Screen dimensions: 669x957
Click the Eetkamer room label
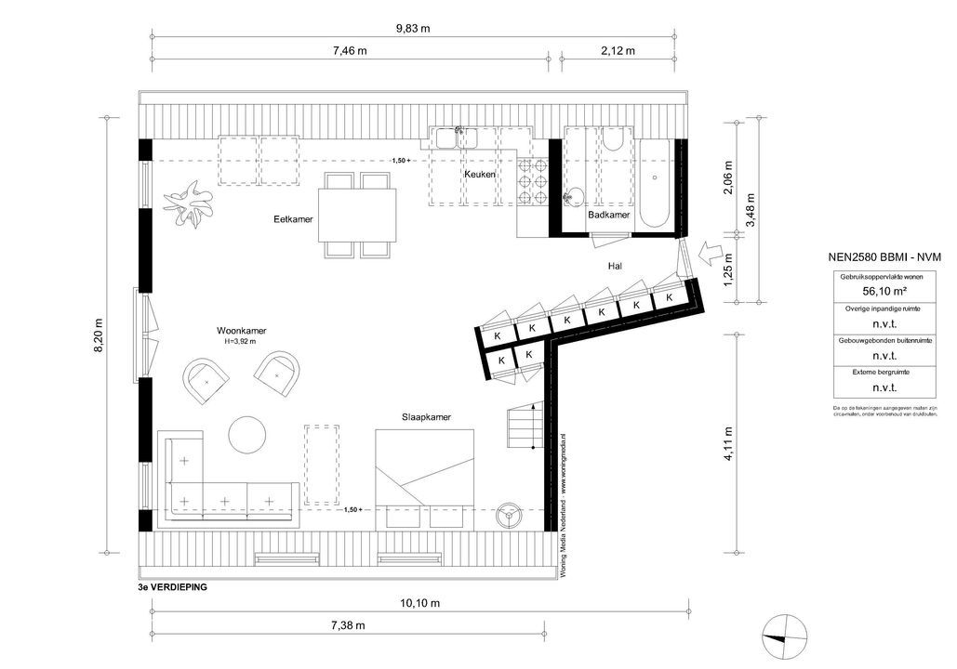pyautogui.click(x=293, y=219)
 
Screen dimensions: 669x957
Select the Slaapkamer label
pyautogui.click(x=426, y=418)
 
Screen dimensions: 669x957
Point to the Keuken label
pyautogui.click(x=479, y=175)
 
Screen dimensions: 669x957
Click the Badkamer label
pyautogui.click(x=608, y=215)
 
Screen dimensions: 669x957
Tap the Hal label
pyautogui.click(x=614, y=266)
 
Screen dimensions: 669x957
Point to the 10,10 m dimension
pyautogui.click(x=419, y=603)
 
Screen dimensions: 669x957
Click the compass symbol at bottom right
pyautogui.click(x=778, y=636)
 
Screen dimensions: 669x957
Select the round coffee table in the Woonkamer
pyautogui.click(x=247, y=435)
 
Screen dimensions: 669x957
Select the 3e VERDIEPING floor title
pyautogui.click(x=172, y=588)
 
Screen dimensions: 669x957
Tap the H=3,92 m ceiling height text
pyautogui.click(x=239, y=342)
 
